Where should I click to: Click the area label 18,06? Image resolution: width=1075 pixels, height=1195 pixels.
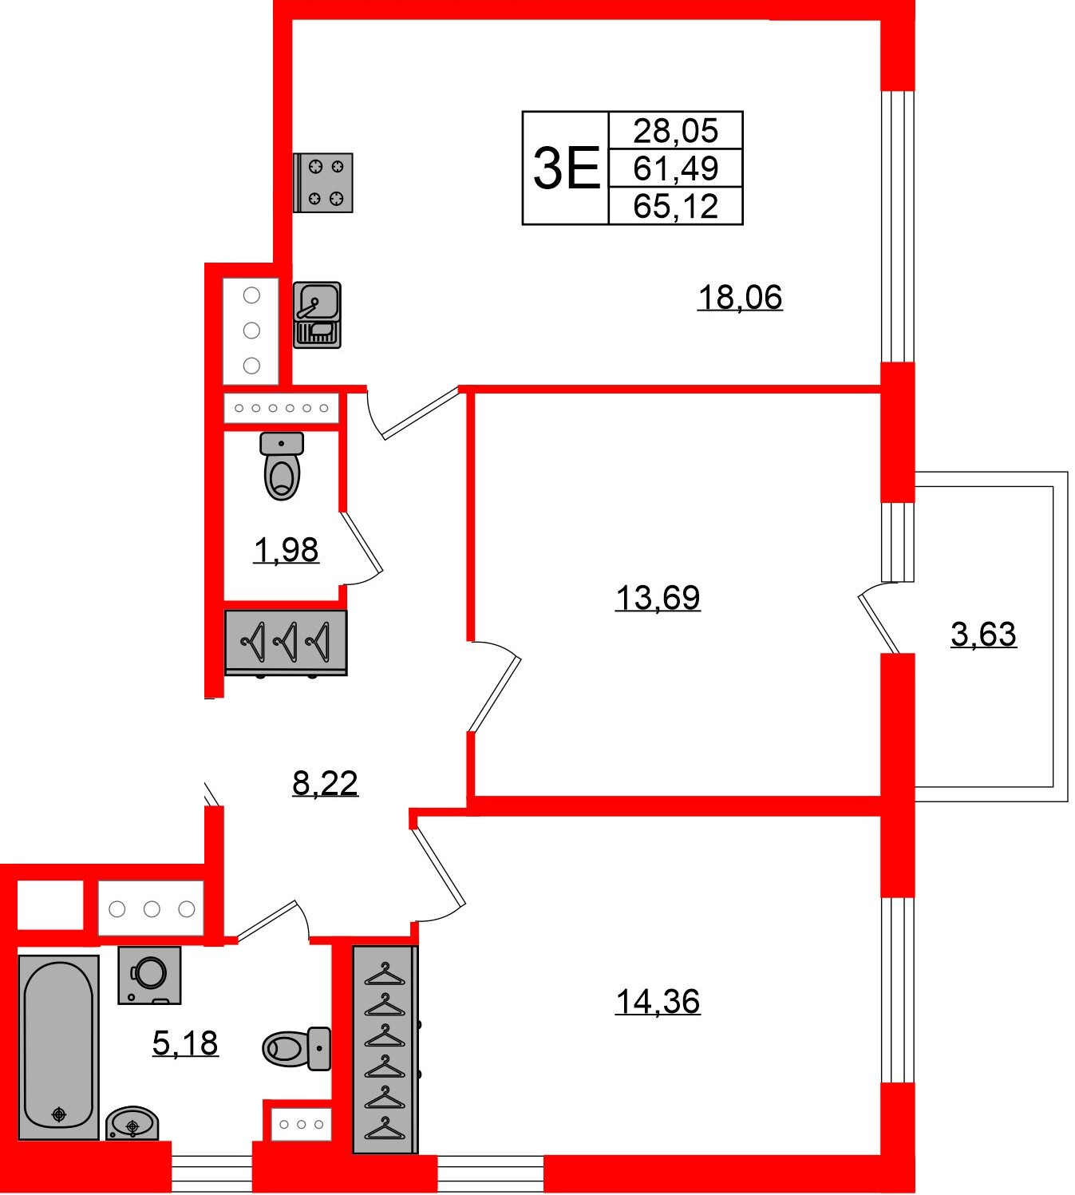(x=740, y=297)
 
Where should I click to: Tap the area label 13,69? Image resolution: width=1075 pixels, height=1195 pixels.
(x=658, y=597)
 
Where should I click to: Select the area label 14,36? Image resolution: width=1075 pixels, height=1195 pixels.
(x=658, y=1000)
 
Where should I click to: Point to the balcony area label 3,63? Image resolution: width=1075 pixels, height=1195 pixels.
(x=983, y=634)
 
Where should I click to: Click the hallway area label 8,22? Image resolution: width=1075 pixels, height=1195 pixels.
(x=325, y=783)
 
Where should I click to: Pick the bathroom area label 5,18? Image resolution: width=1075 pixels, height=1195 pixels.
(x=185, y=1043)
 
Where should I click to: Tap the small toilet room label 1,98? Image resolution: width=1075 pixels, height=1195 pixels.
(x=286, y=550)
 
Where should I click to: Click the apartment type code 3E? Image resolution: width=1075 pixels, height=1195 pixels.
(x=566, y=168)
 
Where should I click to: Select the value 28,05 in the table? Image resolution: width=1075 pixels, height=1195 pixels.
(x=676, y=130)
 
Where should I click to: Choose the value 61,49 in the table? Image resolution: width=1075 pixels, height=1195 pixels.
(x=676, y=168)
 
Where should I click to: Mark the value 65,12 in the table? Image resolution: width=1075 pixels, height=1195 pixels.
(x=676, y=207)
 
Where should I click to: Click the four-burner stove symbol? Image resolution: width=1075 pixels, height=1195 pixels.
(x=323, y=183)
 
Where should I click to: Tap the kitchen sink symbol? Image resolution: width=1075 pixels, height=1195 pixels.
(x=318, y=315)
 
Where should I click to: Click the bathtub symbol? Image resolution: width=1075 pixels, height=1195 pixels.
(x=58, y=1047)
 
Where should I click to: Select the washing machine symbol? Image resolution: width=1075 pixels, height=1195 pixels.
(x=149, y=975)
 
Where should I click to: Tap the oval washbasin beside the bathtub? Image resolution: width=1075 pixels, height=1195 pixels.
(x=132, y=1123)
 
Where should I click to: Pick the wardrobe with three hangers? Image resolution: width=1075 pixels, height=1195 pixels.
(x=286, y=642)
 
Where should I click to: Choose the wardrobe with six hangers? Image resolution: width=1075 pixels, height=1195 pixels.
(x=385, y=1050)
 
